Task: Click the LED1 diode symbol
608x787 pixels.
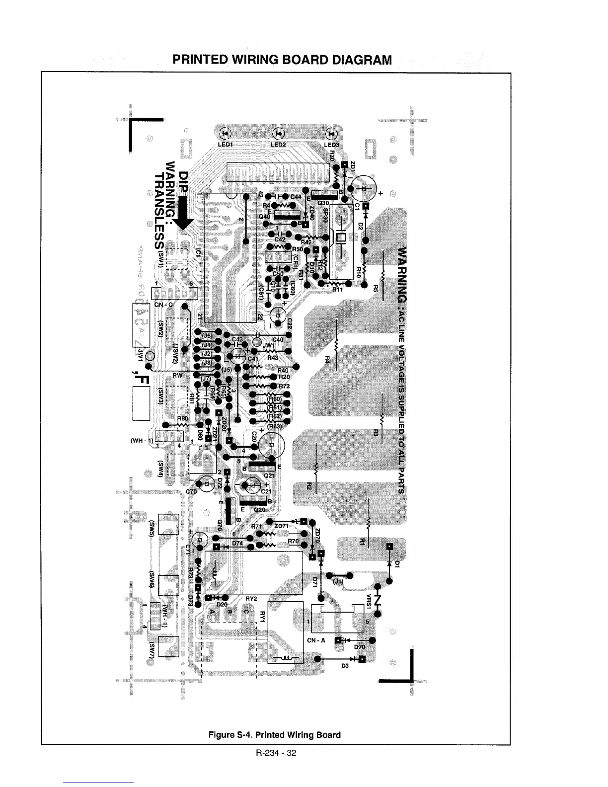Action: tap(225, 133)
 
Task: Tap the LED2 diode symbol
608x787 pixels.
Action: tap(279, 133)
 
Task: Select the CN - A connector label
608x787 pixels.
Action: tap(316, 640)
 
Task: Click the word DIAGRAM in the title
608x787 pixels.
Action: tap(356, 60)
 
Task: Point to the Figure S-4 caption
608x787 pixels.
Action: tap(274, 735)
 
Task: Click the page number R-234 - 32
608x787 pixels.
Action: tap(276, 753)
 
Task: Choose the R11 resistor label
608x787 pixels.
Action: tap(337, 289)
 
